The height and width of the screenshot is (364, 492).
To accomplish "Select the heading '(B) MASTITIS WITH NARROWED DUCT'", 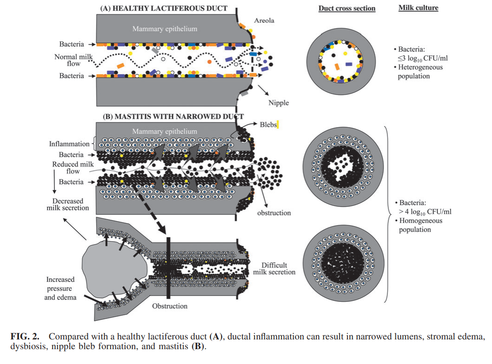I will coord(173,116).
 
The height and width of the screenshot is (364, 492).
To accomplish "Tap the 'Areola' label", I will coord(264,21).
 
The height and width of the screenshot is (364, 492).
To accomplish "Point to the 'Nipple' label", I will coord(278,102).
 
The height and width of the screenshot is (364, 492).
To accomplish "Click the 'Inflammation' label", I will coord(69,144).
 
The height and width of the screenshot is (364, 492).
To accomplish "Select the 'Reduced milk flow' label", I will coord(73,168).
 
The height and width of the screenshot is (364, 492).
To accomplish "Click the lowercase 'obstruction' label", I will coord(274,213).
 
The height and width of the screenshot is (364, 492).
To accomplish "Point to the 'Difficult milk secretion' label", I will coord(274,268).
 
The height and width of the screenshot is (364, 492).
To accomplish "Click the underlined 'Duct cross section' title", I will coord(347,8).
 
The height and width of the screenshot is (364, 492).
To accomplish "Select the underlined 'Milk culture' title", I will coord(418,8).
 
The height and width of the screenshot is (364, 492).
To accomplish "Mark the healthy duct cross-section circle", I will coord(342,61).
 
